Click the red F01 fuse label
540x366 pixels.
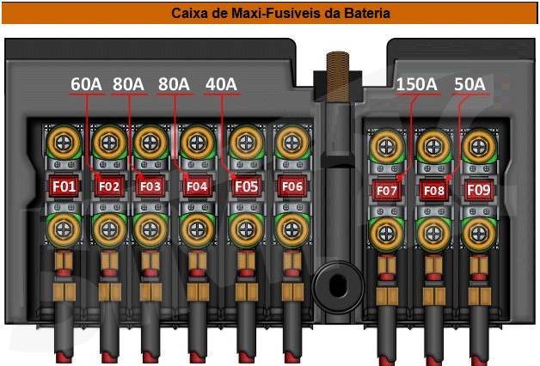pos(64,185)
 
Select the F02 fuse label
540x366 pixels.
pos(108,186)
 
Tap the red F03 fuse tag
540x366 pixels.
pos(150,186)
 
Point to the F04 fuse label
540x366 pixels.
pos(197,186)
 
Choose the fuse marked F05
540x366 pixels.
pos(246,185)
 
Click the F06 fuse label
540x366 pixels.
pos(291,186)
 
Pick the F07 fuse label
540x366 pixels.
pos(386,190)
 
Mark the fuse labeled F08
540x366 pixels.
pos(433,190)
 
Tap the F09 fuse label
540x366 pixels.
pos(478,189)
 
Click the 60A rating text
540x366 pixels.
pos(86,84)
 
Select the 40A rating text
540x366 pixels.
pos(220,84)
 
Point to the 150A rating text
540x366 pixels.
pos(416,84)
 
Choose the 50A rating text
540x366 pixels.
pos(469,84)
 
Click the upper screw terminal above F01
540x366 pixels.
pos(64,140)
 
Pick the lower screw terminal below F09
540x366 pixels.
pos(478,231)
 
